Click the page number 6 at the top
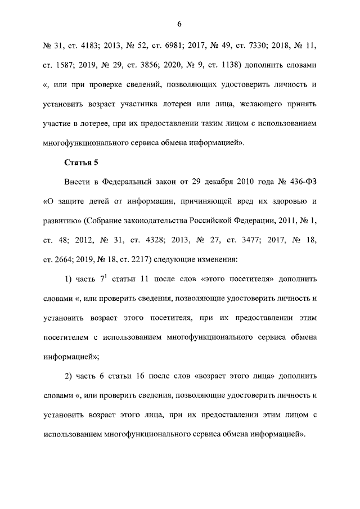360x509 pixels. [179, 24]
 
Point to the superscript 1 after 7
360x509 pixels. [106, 276]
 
